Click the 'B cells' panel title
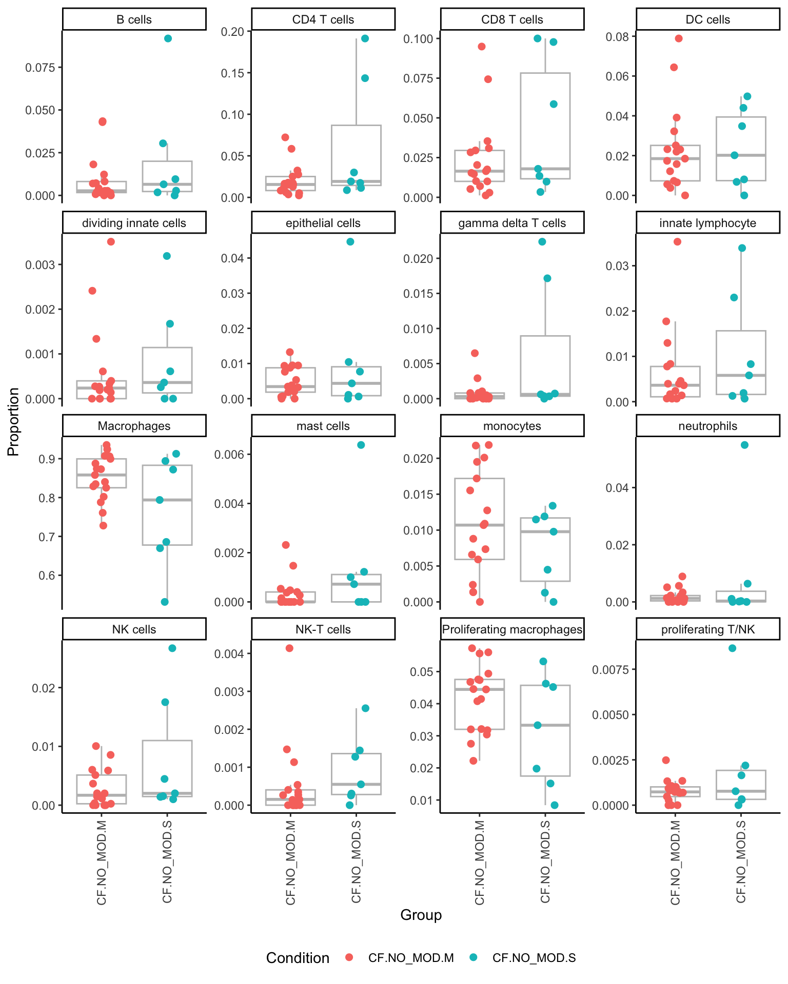[x=134, y=19]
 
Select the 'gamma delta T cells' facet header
[x=512, y=223]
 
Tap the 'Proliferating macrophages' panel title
[x=512, y=629]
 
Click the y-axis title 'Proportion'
[x=13, y=421]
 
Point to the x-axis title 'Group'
[x=421, y=915]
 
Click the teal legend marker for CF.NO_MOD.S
[x=474, y=957]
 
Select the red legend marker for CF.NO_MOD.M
[x=349, y=957]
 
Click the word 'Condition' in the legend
[x=298, y=958]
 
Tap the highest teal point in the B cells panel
[x=168, y=38]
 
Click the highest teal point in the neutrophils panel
[x=744, y=445]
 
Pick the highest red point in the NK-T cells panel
[x=289, y=648]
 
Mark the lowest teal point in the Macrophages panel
[x=165, y=602]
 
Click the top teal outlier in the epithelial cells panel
[x=350, y=242]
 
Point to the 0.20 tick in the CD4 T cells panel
[x=232, y=32]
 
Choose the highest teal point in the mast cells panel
[x=361, y=445]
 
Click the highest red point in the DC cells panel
[x=679, y=38]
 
